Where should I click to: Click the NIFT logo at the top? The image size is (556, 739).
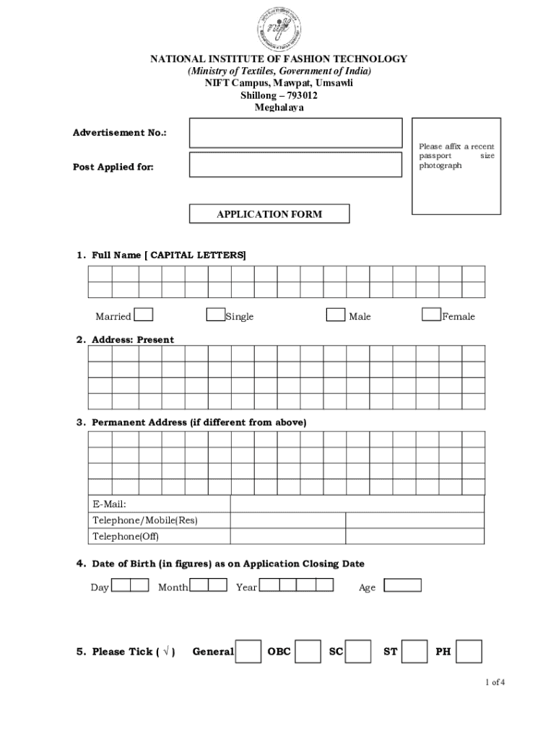tap(278, 28)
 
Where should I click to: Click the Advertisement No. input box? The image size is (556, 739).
tap(295, 134)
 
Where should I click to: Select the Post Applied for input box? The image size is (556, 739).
tap(295, 165)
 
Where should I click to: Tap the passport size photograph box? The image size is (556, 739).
tap(456, 166)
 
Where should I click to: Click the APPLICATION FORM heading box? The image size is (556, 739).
tap(269, 214)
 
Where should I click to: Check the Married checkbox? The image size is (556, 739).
tap(144, 315)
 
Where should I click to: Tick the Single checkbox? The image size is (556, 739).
tap(215, 315)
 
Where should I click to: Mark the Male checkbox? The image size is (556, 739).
tap(335, 315)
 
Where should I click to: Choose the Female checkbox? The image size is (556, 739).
tap(432, 315)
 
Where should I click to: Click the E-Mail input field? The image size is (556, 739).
tap(357, 504)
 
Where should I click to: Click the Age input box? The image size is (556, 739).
tap(402, 585)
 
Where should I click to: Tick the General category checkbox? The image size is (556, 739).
tap(249, 651)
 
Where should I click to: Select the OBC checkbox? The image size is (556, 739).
tap(308, 651)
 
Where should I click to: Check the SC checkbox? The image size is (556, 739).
tap(358, 651)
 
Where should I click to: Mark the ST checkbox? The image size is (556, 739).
tap(414, 651)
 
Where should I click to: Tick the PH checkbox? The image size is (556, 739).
tap(469, 651)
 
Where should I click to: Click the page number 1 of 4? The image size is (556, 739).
tap(495, 682)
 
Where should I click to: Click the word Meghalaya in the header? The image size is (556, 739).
tap(279, 108)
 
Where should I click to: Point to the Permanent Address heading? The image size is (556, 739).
tap(199, 422)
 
